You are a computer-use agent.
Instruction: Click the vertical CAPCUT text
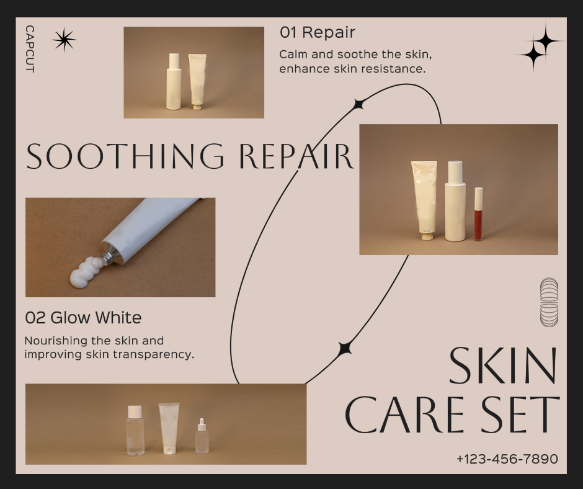pyautogui.click(x=30, y=49)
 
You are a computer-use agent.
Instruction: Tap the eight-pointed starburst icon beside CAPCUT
pyautogui.click(x=64, y=40)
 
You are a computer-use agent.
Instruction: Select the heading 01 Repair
pyautogui.click(x=317, y=32)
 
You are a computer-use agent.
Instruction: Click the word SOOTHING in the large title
pyautogui.click(x=125, y=156)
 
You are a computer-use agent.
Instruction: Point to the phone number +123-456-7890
pyautogui.click(x=507, y=459)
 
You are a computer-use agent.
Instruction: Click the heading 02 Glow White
pyautogui.click(x=83, y=318)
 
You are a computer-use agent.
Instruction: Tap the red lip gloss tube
pyautogui.click(x=478, y=214)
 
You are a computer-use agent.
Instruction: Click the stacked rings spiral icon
pyautogui.click(x=549, y=302)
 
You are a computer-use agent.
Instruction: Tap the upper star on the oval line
pyautogui.click(x=358, y=105)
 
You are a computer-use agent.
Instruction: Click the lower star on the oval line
pyautogui.click(x=345, y=349)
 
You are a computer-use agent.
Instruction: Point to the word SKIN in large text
pyautogui.click(x=504, y=366)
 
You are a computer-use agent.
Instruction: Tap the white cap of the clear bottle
pyautogui.click(x=135, y=411)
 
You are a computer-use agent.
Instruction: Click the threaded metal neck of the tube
pyautogui.click(x=107, y=258)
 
